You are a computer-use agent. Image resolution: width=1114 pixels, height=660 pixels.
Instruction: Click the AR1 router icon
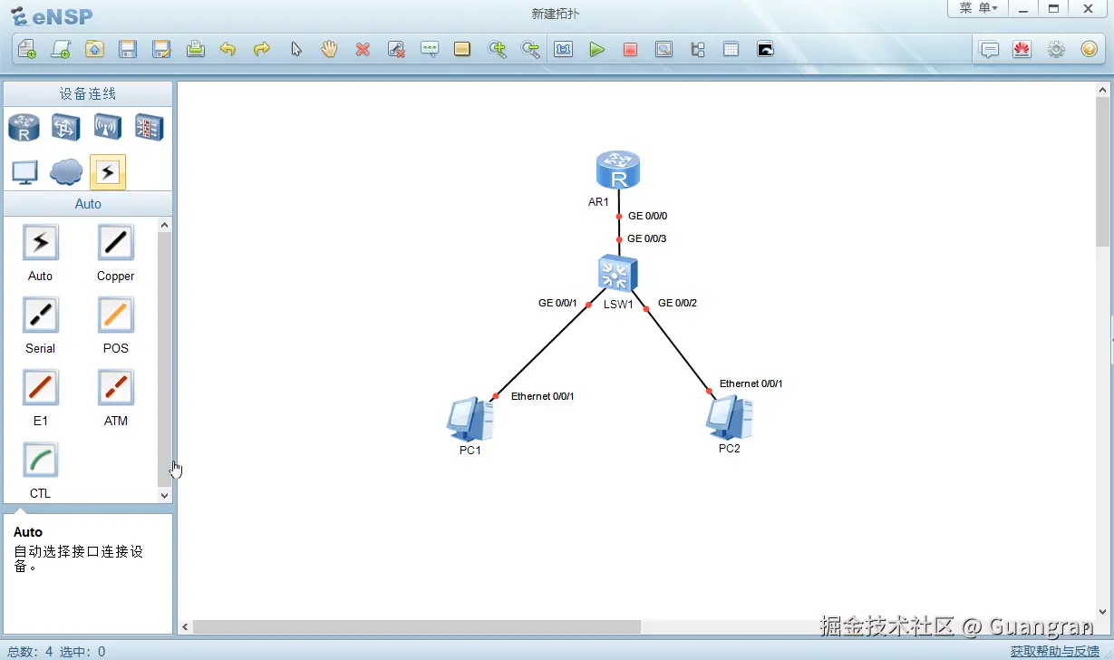click(617, 170)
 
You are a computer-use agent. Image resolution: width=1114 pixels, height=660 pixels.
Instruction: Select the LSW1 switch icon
click(617, 273)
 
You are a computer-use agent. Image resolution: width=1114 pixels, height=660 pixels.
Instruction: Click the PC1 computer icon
click(470, 419)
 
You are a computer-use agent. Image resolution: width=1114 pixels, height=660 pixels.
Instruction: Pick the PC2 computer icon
click(729, 417)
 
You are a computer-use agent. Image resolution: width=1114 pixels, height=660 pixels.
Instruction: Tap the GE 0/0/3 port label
click(646, 238)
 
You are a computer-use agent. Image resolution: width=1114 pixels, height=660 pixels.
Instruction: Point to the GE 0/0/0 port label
click(647, 216)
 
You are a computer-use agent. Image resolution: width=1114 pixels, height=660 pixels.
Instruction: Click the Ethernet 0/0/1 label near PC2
click(751, 383)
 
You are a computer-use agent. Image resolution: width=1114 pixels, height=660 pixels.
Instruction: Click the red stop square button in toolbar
click(630, 49)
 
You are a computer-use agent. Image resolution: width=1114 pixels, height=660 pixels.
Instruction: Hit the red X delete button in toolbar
click(363, 49)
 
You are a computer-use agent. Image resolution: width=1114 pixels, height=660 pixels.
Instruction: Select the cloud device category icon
click(66, 171)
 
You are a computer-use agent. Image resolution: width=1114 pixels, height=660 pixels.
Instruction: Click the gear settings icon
click(1056, 49)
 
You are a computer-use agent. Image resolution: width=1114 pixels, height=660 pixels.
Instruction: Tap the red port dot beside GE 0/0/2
click(646, 309)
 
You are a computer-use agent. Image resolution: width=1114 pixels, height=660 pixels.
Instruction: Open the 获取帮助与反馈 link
click(1054, 651)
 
